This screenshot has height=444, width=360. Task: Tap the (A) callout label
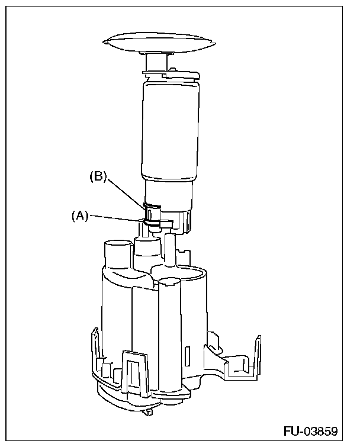tap(80, 216)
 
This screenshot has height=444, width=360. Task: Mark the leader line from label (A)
tap(115, 218)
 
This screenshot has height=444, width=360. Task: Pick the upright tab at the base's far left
tap(94, 349)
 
